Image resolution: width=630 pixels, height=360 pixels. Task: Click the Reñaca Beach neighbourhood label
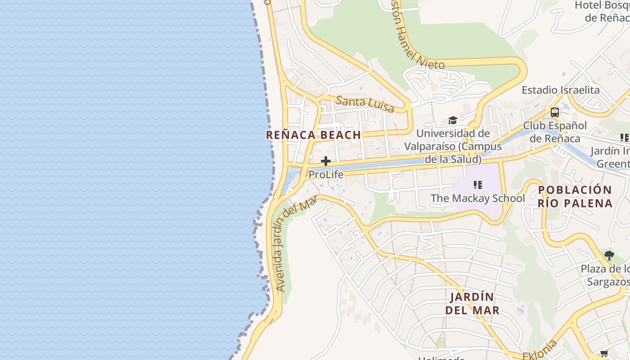tap(313, 135)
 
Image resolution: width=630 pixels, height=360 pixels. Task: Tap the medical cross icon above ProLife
tap(326, 161)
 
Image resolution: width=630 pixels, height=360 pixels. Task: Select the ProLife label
tap(326, 175)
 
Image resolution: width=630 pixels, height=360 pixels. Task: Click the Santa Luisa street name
tap(365, 104)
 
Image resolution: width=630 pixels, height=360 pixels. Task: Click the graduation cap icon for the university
tap(453, 120)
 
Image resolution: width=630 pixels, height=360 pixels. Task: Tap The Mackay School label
tap(477, 198)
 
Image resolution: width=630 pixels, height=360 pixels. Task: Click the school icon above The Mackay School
tap(478, 184)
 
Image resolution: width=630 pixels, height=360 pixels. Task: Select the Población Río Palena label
tap(575, 196)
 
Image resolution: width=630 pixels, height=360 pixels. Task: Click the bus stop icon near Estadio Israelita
tap(555, 112)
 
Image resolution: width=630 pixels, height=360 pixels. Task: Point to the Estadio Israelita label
tap(560, 90)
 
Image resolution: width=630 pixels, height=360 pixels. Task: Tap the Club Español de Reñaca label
tap(555, 132)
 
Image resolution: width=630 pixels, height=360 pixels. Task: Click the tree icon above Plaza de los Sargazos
tap(609, 256)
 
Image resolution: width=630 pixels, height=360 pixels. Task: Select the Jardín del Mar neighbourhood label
tap(472, 304)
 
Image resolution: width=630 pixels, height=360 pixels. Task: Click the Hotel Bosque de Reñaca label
tap(603, 12)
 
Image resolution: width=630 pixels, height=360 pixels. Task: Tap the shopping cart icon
tap(604, 354)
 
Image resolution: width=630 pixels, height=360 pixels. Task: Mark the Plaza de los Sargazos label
tap(606, 275)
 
